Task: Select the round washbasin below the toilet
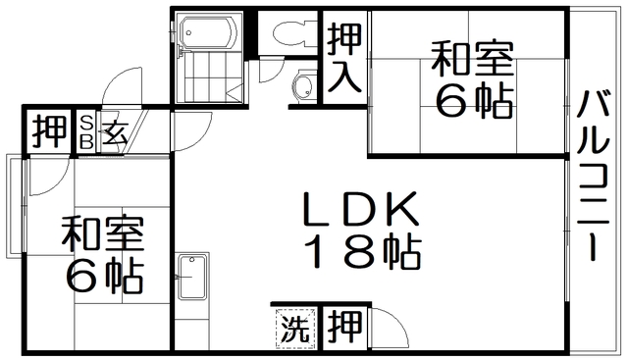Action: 303,86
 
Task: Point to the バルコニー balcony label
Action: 597,177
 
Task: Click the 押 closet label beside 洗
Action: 342,326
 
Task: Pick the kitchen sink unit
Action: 194,278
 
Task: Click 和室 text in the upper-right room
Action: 472,60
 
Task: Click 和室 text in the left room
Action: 102,236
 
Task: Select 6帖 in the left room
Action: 102,278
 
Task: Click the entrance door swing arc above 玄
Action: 126,88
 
